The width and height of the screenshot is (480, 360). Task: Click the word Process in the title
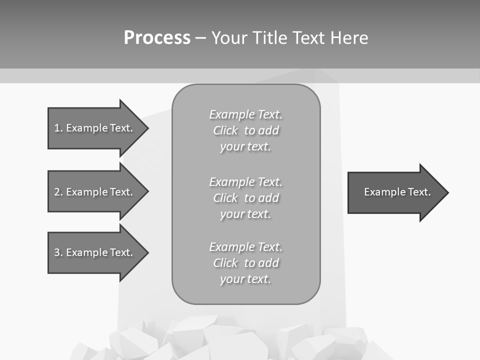coord(157,38)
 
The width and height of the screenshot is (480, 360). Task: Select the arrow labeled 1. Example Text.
coord(95,128)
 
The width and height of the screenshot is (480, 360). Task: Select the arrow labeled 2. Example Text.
coord(95,192)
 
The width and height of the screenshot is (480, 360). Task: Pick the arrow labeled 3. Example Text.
coord(95,252)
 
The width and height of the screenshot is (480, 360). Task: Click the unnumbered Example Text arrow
coord(395,192)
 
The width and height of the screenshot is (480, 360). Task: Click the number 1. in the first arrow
coord(58,128)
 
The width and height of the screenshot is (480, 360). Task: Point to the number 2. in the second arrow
coord(58,192)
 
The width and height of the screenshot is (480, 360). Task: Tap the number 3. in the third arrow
coord(58,252)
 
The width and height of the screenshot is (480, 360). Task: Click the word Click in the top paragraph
coord(225,130)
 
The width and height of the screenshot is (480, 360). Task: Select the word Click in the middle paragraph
coord(225,198)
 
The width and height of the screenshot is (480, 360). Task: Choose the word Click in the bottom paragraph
coord(225,263)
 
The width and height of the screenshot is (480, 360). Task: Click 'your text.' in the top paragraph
coord(245,147)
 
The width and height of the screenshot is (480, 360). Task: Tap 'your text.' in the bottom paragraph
coord(245,279)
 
